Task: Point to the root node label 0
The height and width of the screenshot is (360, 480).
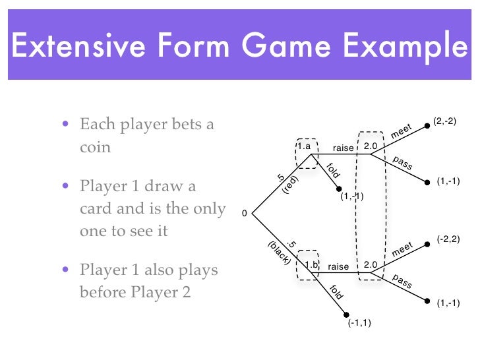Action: pos(244,214)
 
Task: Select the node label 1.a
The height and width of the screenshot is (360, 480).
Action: pos(304,146)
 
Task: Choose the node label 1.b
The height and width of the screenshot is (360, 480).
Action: pos(312,266)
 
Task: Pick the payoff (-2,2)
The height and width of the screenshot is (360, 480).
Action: pos(448,241)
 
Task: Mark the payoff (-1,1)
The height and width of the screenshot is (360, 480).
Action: pos(360,323)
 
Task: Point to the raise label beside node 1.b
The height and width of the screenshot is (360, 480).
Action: pos(338,266)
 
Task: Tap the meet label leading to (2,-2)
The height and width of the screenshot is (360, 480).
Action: pos(402,131)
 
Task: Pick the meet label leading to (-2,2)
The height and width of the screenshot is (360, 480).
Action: pos(402,250)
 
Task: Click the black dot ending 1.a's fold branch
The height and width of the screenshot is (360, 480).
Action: pos(340,189)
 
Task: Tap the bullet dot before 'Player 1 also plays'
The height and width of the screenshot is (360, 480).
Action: pos(65,271)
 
